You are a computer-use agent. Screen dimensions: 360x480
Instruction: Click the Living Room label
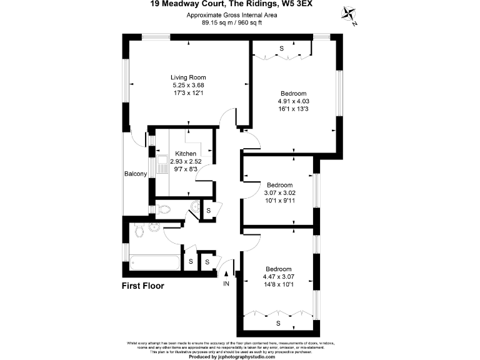[x=188, y=77]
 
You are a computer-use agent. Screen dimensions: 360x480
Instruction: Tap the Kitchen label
[x=186, y=154]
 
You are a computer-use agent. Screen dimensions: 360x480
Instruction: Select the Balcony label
[x=135, y=174]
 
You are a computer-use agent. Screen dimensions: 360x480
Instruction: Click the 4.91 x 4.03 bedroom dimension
[x=294, y=101]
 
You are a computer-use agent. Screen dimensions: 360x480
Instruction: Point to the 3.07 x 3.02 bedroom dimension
[x=280, y=192]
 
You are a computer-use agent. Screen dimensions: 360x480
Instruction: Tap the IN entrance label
[x=226, y=284]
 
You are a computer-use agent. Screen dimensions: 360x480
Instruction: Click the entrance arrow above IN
[x=226, y=273]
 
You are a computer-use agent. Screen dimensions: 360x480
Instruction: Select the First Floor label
[x=142, y=286]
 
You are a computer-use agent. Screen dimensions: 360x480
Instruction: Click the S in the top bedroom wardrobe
[x=281, y=48]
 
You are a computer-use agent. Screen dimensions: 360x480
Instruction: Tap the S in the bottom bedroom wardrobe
[x=278, y=323]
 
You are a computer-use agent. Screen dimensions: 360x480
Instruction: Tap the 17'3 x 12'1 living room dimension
[x=188, y=93]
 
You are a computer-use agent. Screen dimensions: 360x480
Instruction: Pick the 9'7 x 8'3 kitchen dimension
[x=186, y=169]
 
